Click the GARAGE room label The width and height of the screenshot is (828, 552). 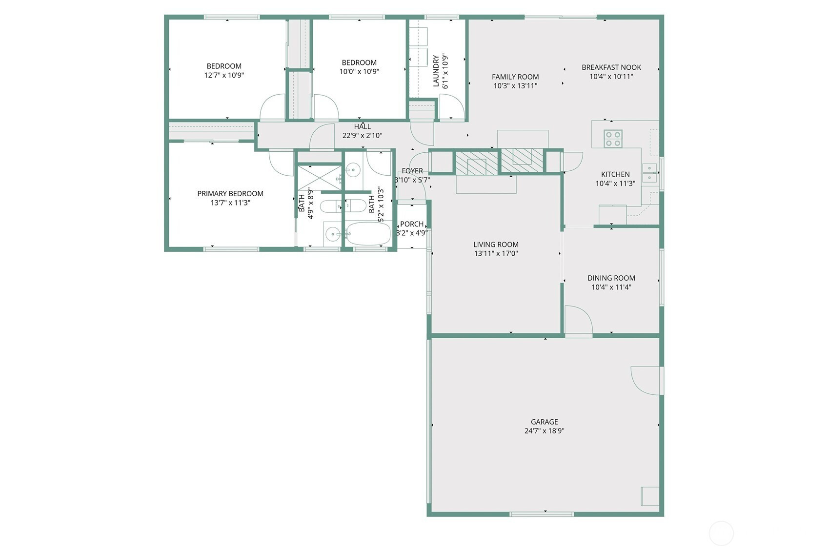(544, 422)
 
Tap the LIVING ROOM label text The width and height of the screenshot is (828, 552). (496, 245)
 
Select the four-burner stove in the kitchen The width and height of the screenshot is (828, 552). (613, 139)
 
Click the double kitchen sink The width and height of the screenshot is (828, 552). (649, 173)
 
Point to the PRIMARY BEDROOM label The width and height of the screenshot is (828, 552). (230, 193)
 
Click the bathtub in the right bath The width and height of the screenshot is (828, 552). (368, 234)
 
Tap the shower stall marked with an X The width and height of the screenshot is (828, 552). (320, 178)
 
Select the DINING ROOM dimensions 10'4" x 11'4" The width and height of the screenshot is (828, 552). (611, 287)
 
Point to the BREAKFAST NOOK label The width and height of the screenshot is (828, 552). (611, 67)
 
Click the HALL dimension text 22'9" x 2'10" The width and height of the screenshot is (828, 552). (362, 135)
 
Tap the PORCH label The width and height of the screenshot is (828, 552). (412, 224)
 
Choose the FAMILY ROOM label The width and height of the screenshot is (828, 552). (515, 77)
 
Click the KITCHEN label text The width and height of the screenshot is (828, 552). (615, 174)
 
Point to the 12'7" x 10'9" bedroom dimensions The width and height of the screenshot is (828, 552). (224, 75)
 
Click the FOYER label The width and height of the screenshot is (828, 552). (412, 171)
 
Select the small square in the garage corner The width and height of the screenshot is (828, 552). (650, 496)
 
